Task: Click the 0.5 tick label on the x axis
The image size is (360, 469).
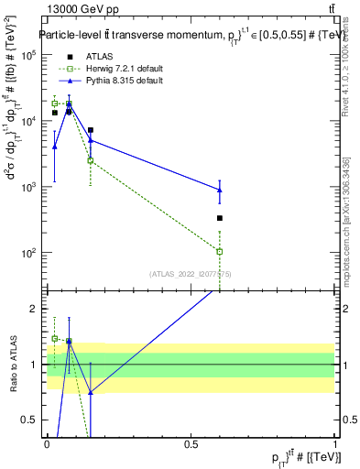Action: [x=191, y=444]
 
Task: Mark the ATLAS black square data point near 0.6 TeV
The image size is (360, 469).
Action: [x=220, y=218]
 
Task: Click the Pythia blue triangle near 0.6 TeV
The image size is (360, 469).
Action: [x=220, y=190]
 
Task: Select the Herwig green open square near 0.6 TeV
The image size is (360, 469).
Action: [x=220, y=251]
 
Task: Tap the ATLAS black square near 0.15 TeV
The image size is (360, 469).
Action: [x=91, y=130]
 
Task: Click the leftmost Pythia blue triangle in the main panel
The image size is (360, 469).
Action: [x=54, y=147]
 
